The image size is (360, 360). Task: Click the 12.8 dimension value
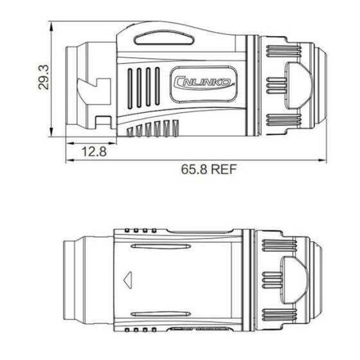point(94,152)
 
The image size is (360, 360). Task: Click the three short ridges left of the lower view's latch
point(273,280)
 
